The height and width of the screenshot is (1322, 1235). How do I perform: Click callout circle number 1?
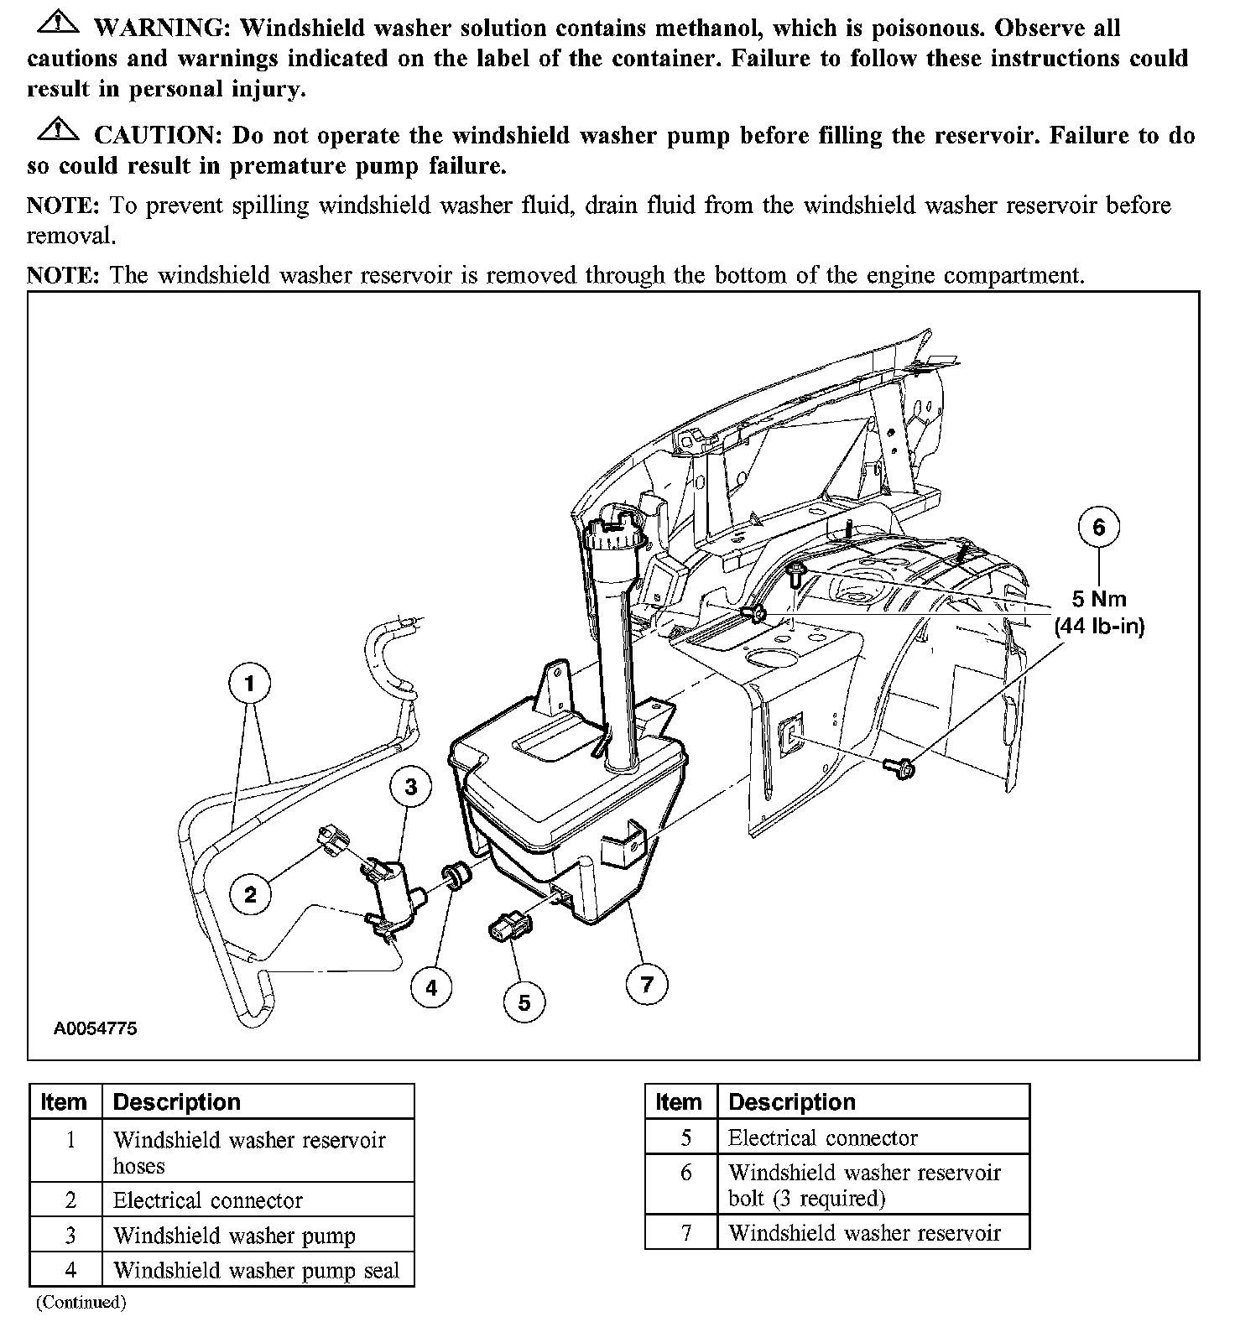[249, 684]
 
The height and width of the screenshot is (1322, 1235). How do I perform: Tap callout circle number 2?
[250, 894]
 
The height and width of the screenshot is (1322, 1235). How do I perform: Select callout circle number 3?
[410, 787]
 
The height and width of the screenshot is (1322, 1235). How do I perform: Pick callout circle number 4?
[431, 987]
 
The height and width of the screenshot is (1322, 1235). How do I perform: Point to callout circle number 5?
[524, 1002]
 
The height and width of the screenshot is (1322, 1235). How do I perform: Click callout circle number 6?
[1098, 527]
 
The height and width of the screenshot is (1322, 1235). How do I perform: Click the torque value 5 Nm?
[1099, 599]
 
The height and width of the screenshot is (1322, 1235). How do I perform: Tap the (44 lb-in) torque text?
[1099, 626]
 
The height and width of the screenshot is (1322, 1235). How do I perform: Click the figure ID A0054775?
[96, 1028]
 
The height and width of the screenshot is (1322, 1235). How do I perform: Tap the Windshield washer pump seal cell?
[256, 1271]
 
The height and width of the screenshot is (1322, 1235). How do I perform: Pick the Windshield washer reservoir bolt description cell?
[864, 1184]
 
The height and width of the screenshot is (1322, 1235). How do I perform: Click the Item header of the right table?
[679, 1102]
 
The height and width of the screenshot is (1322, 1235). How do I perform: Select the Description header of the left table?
[176, 1102]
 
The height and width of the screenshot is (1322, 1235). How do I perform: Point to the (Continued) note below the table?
[81, 1303]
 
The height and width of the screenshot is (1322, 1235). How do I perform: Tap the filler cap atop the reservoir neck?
[617, 527]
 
